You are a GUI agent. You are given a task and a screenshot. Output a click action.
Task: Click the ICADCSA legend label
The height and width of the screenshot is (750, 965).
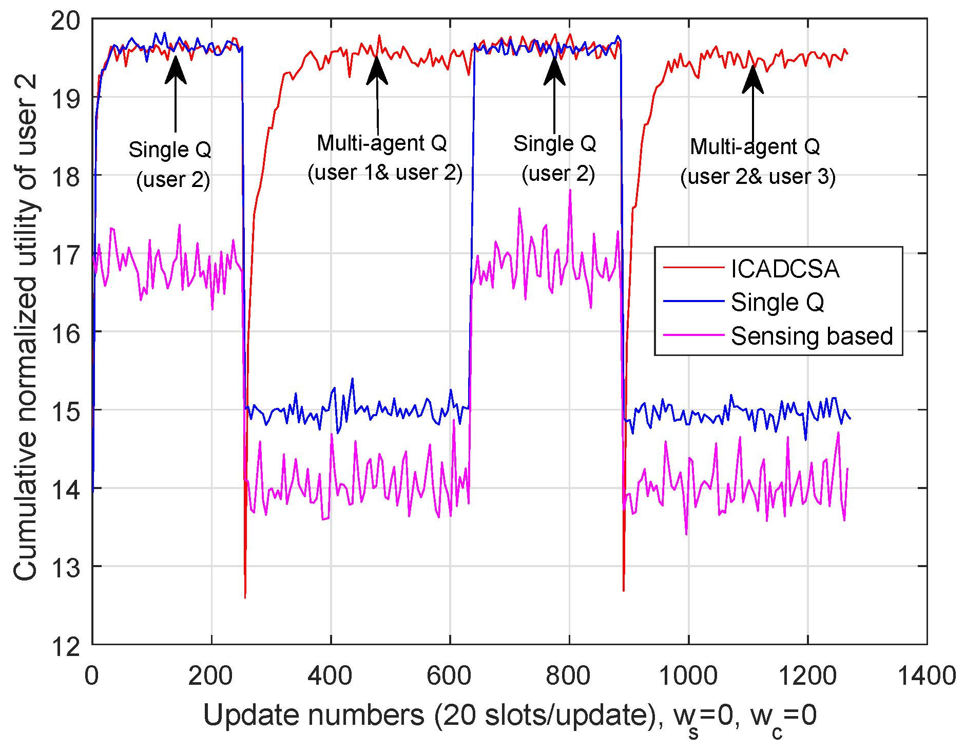point(785,269)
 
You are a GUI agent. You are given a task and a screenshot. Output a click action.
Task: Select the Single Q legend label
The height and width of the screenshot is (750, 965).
point(777,302)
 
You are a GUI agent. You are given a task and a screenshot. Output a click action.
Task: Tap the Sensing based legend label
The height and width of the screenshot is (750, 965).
point(812,336)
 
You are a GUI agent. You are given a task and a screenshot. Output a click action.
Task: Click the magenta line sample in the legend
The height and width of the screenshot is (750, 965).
point(693,335)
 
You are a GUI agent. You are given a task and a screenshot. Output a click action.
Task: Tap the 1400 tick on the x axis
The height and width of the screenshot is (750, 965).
point(926,675)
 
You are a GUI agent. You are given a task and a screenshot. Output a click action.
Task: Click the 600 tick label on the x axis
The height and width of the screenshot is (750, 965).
point(449,675)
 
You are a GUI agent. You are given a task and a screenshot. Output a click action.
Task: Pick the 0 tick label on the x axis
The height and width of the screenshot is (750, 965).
point(92,675)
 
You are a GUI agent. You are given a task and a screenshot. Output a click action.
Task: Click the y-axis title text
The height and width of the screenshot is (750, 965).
point(26,327)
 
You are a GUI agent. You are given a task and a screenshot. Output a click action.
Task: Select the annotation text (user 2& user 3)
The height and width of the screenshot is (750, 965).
point(758,176)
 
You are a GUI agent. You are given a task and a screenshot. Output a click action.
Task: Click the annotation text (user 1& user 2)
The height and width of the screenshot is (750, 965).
point(385,173)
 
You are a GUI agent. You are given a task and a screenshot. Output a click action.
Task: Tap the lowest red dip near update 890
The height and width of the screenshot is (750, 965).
point(624,591)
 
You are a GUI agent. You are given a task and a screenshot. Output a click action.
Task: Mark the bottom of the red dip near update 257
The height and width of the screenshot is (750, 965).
point(245,597)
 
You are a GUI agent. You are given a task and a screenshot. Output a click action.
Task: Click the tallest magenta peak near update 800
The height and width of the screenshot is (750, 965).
point(570,191)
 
